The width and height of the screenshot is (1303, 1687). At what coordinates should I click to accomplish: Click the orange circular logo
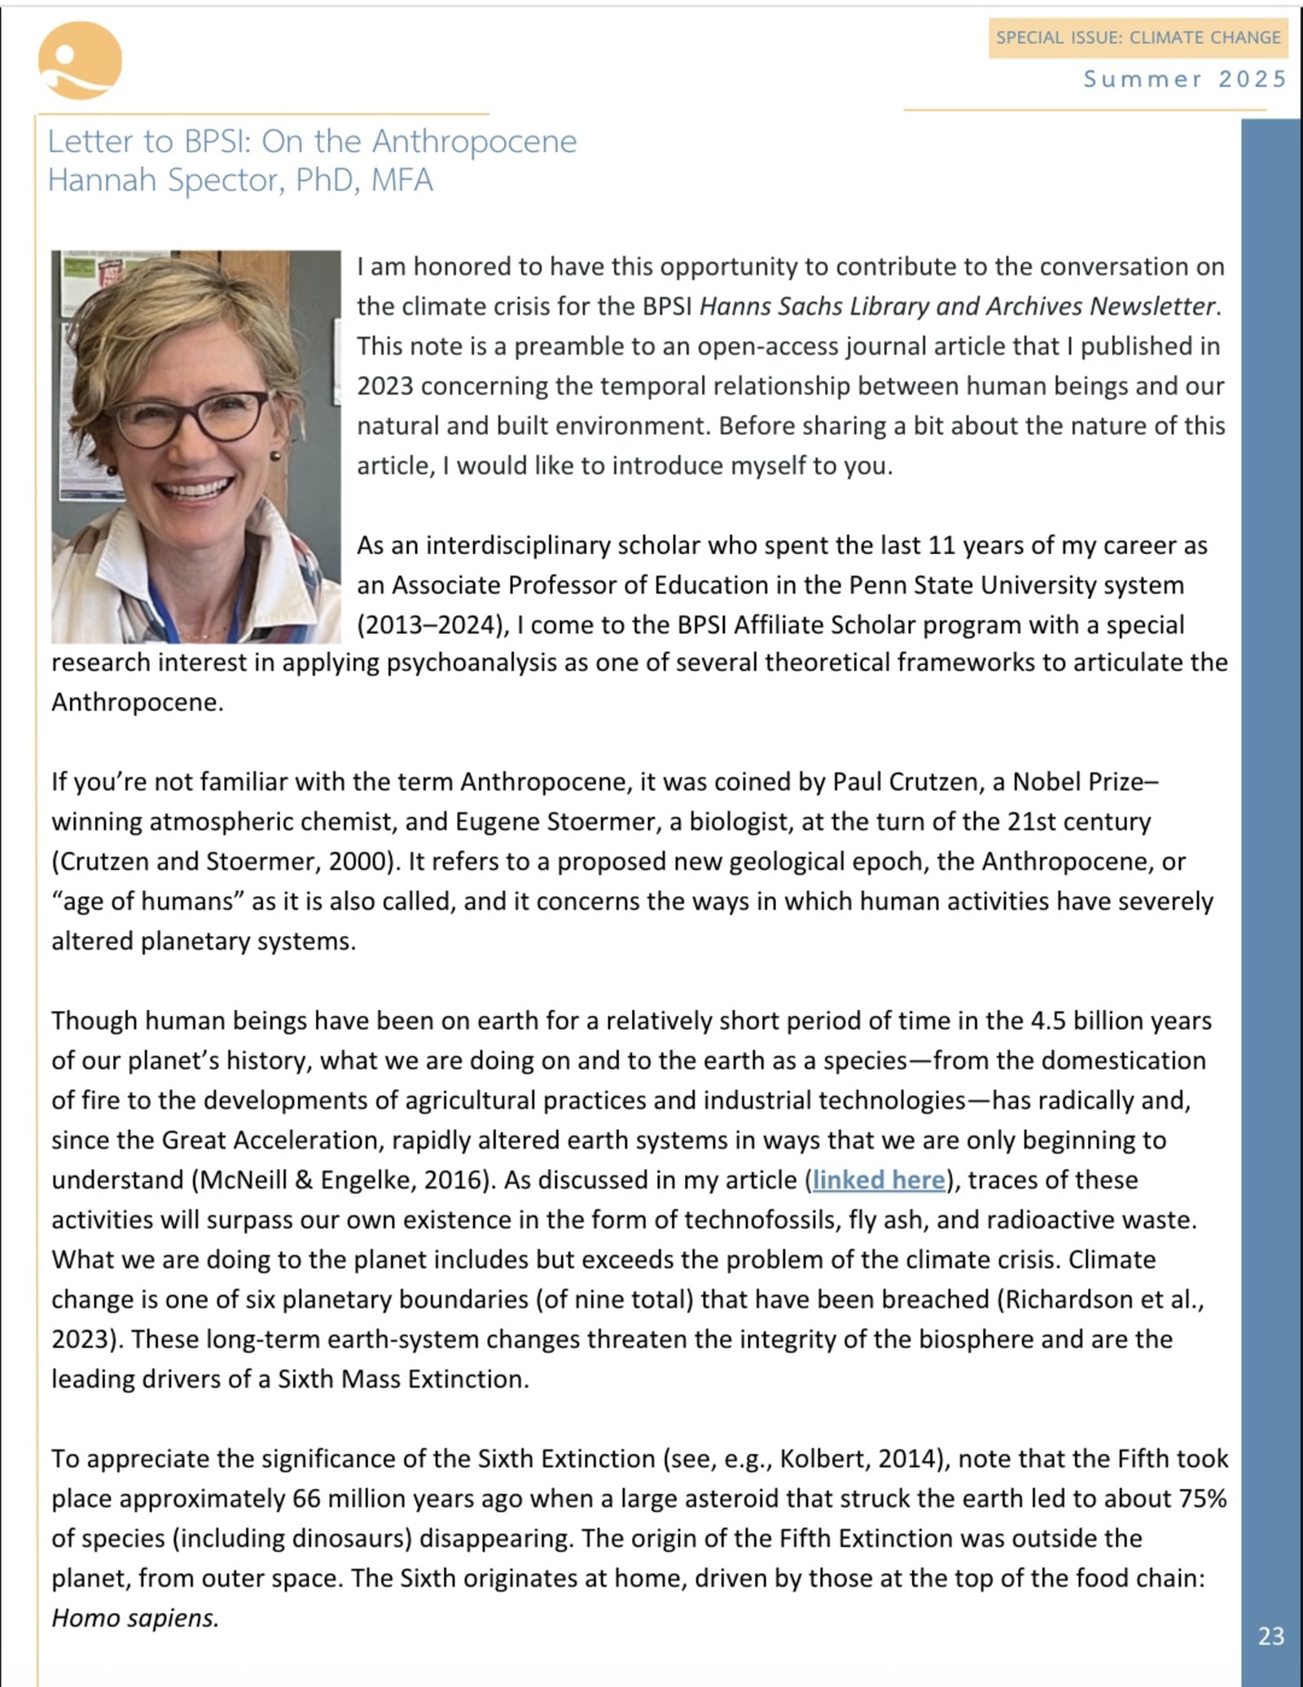pos(80,61)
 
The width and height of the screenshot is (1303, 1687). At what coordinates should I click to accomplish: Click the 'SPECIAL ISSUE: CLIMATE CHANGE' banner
pos(1138,37)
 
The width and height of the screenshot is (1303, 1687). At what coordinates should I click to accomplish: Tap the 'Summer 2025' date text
pos(1184,79)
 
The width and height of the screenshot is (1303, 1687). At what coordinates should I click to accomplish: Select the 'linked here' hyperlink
pos(879,1180)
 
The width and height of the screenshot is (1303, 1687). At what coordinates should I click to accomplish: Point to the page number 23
pos(1270,1636)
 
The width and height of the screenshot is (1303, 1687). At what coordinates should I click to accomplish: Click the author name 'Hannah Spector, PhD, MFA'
pos(240,180)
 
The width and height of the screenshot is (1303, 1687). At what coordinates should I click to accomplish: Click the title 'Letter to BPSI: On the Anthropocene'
pos(312,141)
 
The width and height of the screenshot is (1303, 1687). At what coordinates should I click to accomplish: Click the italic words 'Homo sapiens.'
pos(135,1617)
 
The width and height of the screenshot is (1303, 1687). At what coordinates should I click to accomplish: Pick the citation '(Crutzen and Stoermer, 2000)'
pos(226,861)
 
